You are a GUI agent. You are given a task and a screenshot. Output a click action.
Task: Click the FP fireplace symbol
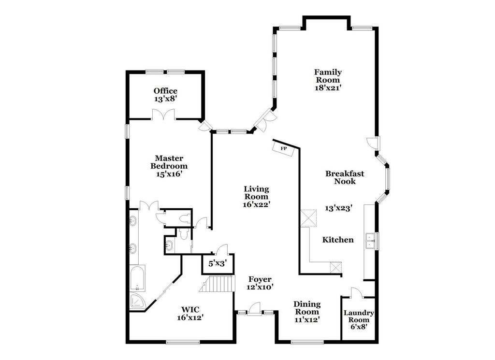[284, 148]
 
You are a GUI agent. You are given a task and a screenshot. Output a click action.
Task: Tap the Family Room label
[328, 80]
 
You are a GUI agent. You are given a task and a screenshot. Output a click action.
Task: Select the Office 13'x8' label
[165, 94]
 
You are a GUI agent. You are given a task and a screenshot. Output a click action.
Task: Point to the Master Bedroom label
[168, 166]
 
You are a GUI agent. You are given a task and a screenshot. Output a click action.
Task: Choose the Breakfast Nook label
[344, 177]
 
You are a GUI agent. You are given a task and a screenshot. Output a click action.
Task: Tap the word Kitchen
[338, 240]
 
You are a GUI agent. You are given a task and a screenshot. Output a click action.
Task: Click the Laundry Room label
[359, 320]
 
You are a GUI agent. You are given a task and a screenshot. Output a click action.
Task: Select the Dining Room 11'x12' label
[307, 312]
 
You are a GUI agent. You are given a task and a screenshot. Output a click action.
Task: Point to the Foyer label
[260, 283]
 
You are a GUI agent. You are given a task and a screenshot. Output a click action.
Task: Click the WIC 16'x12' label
[190, 313]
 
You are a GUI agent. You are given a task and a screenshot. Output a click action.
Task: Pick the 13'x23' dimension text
[338, 208]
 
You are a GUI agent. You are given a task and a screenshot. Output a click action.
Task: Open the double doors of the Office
[162, 115]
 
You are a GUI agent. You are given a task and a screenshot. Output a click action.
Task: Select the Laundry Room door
[355, 292]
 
